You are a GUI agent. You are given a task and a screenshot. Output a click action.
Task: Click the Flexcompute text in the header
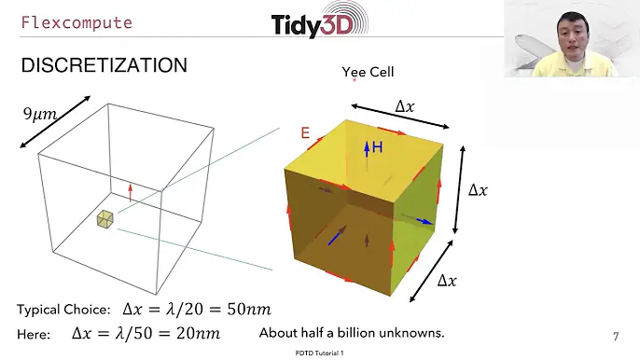[77, 22]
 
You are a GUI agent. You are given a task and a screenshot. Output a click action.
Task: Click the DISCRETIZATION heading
[104, 65]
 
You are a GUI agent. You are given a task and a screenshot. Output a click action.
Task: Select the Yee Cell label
[368, 72]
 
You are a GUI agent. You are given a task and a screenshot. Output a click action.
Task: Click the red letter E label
[304, 133]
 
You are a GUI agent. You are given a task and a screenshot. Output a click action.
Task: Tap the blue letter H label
[377, 147]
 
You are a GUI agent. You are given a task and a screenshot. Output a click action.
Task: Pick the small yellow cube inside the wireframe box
[104, 219]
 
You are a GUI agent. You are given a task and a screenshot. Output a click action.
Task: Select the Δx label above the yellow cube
[405, 106]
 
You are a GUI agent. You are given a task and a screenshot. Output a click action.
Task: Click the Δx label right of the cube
[477, 190]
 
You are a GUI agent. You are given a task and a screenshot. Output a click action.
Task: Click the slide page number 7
[615, 336]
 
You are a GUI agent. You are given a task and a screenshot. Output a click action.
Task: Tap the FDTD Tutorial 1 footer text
[319, 354]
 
